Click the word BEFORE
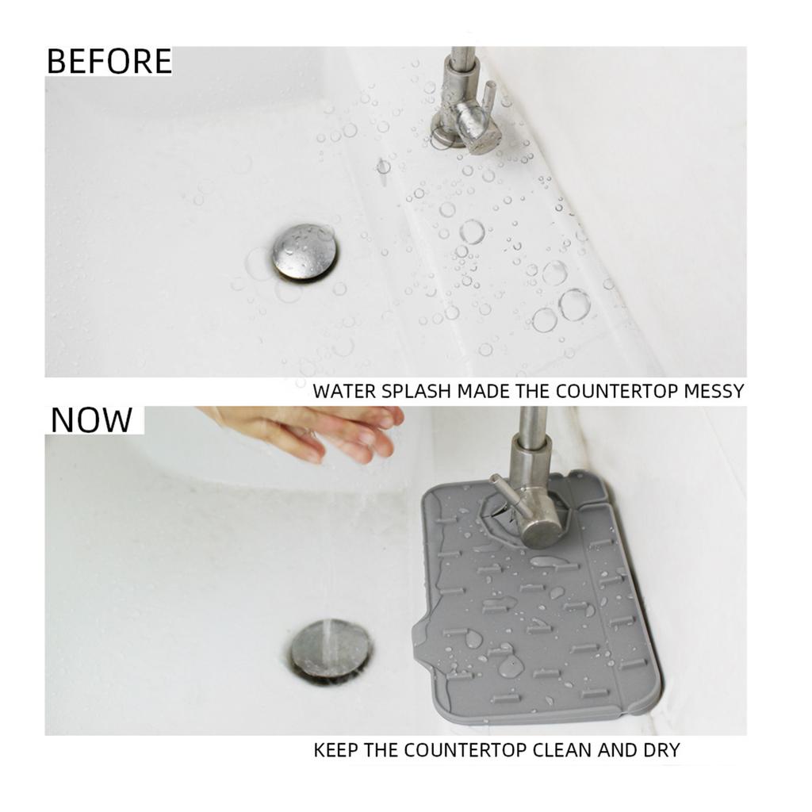(x=109, y=62)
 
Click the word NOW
(x=91, y=420)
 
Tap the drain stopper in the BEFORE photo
(x=304, y=251)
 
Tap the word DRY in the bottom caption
(x=661, y=750)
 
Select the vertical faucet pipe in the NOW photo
(x=529, y=452)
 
